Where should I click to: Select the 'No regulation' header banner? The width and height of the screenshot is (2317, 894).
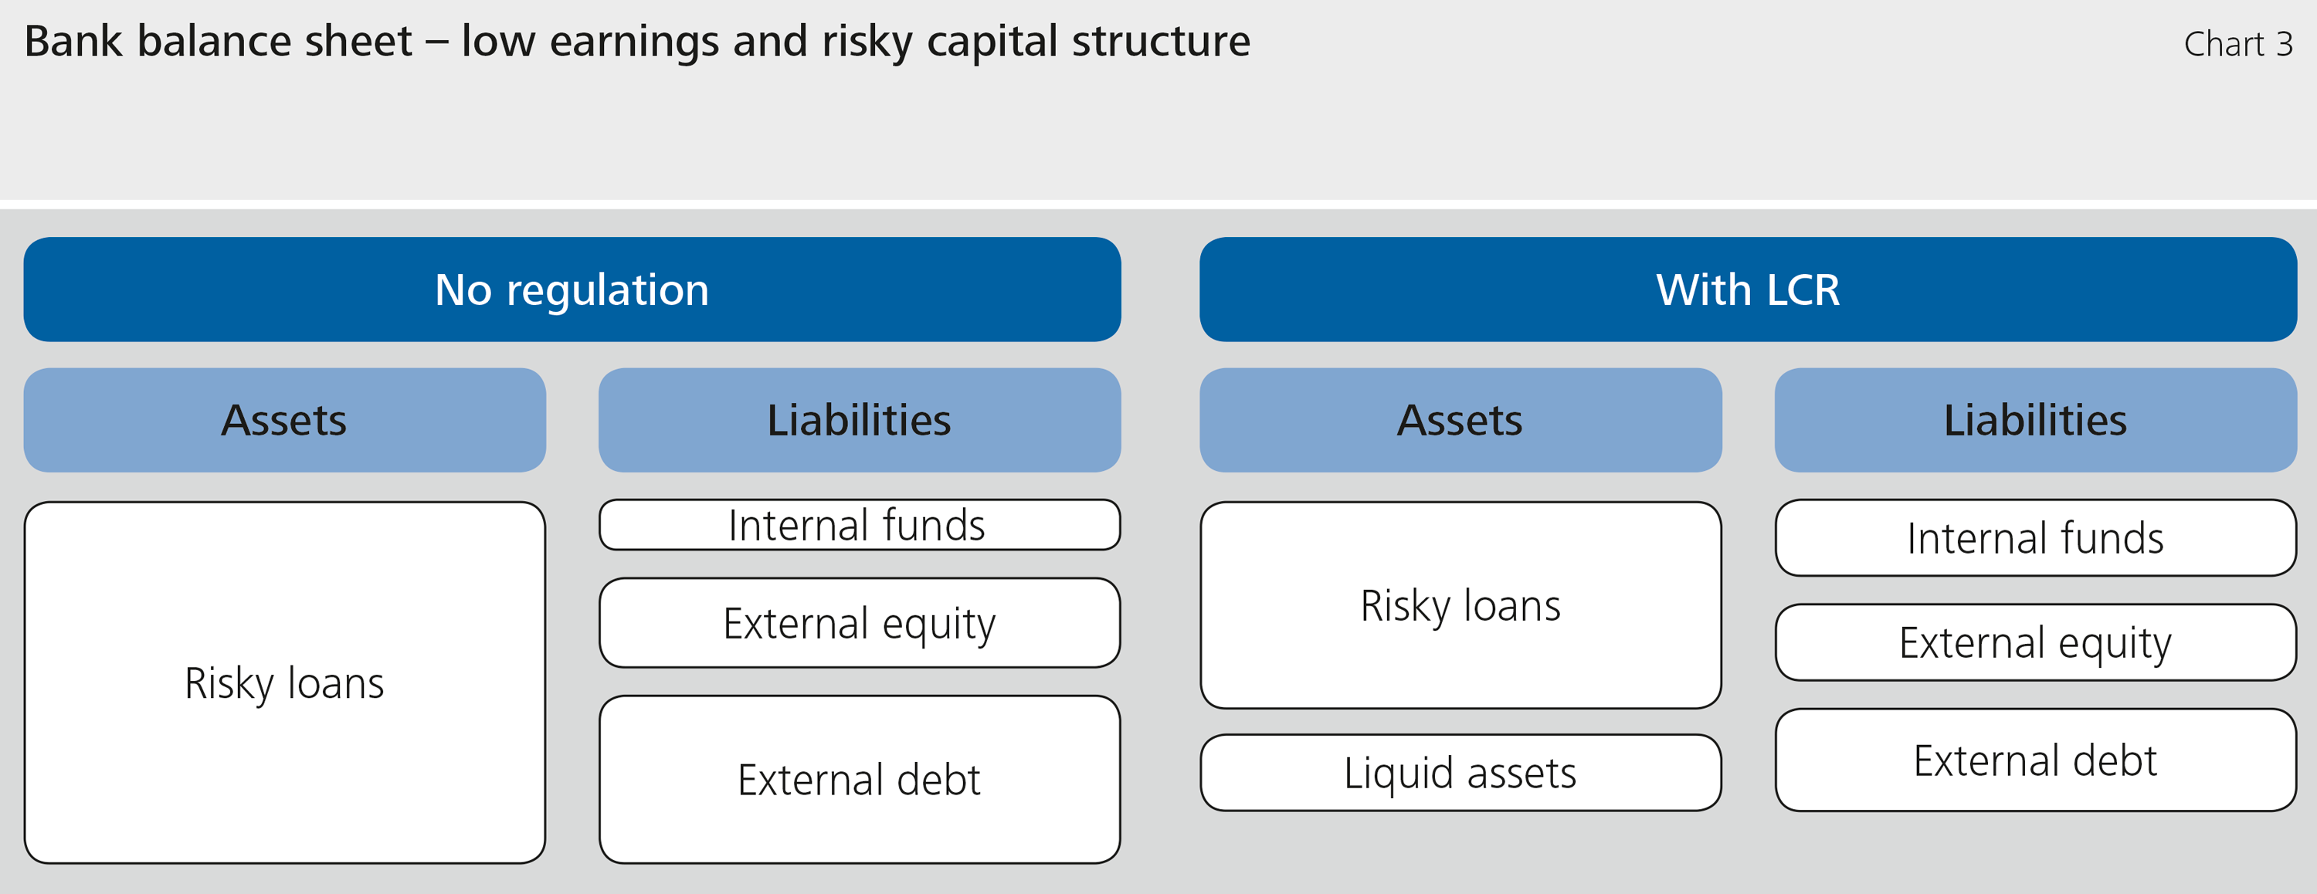coord(572,290)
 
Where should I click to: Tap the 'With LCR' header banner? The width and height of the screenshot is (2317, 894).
coord(1748,290)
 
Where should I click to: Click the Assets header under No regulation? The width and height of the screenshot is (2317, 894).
coord(284,420)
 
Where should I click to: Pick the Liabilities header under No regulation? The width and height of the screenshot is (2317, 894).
coord(859,420)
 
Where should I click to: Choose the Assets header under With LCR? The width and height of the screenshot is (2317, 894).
coord(1460,420)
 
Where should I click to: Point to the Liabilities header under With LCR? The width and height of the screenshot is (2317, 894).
coord(2034,420)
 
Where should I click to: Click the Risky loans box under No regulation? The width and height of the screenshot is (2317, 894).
coord(284,682)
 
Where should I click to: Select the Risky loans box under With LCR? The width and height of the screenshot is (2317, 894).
coord(1460,605)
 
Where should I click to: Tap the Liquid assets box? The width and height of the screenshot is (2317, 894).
coord(1460,773)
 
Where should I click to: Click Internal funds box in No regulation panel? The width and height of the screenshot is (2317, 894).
coord(859,525)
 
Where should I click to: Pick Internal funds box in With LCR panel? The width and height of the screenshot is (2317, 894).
coord(2034,538)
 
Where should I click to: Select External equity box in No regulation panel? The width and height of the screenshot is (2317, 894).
coord(859,622)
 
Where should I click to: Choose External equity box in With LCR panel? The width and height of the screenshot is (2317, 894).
coord(2034,642)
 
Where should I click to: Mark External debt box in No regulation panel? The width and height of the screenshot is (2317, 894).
coord(859,779)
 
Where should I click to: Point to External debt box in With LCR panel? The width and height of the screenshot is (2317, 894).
coord(2034,760)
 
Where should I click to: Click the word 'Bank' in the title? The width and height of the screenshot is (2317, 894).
coord(73,42)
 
